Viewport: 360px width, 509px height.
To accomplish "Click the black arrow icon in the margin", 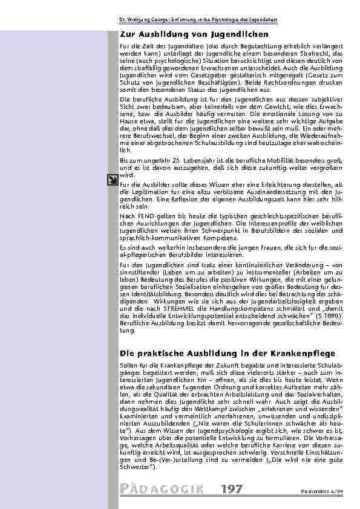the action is click(x=112, y=178).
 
